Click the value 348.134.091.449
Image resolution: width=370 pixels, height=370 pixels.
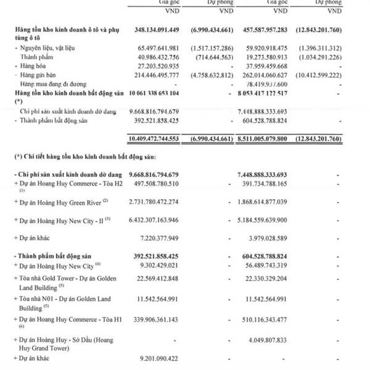click(161, 30)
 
